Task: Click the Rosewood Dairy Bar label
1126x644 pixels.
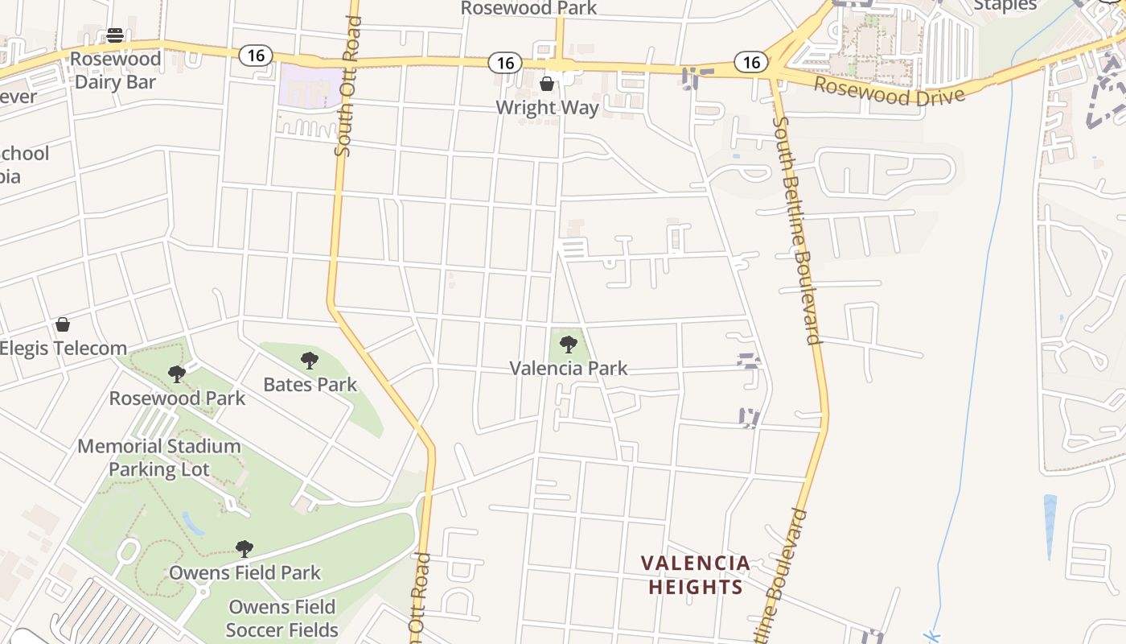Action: pyautogui.click(x=115, y=70)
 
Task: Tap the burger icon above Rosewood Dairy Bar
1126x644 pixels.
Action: pyautogui.click(x=115, y=35)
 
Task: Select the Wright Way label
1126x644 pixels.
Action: pyautogui.click(x=547, y=107)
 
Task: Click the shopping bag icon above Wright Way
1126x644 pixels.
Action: pyautogui.click(x=547, y=84)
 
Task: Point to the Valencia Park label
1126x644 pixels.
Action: pyautogui.click(x=568, y=368)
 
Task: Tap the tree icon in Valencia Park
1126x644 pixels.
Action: pyautogui.click(x=569, y=345)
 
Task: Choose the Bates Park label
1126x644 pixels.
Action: pyautogui.click(x=310, y=384)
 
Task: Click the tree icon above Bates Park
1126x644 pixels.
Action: pyautogui.click(x=310, y=360)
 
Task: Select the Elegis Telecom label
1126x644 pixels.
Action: pyautogui.click(x=63, y=349)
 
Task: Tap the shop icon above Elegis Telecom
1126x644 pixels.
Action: pyautogui.click(x=63, y=324)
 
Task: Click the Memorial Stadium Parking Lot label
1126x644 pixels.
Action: pyautogui.click(x=159, y=457)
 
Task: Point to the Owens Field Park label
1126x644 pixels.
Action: pyautogui.click(x=245, y=572)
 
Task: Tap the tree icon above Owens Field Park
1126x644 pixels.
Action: pyautogui.click(x=245, y=549)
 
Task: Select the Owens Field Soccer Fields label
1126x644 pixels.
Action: pyautogui.click(x=281, y=617)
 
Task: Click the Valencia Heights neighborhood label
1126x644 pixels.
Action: pyautogui.click(x=696, y=575)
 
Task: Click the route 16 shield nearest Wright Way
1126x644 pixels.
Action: pyautogui.click(x=504, y=63)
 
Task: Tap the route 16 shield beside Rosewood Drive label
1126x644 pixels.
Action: pyautogui.click(x=751, y=62)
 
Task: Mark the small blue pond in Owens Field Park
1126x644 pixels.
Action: pyautogui.click(x=193, y=523)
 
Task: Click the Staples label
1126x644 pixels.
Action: pyautogui.click(x=1005, y=6)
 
